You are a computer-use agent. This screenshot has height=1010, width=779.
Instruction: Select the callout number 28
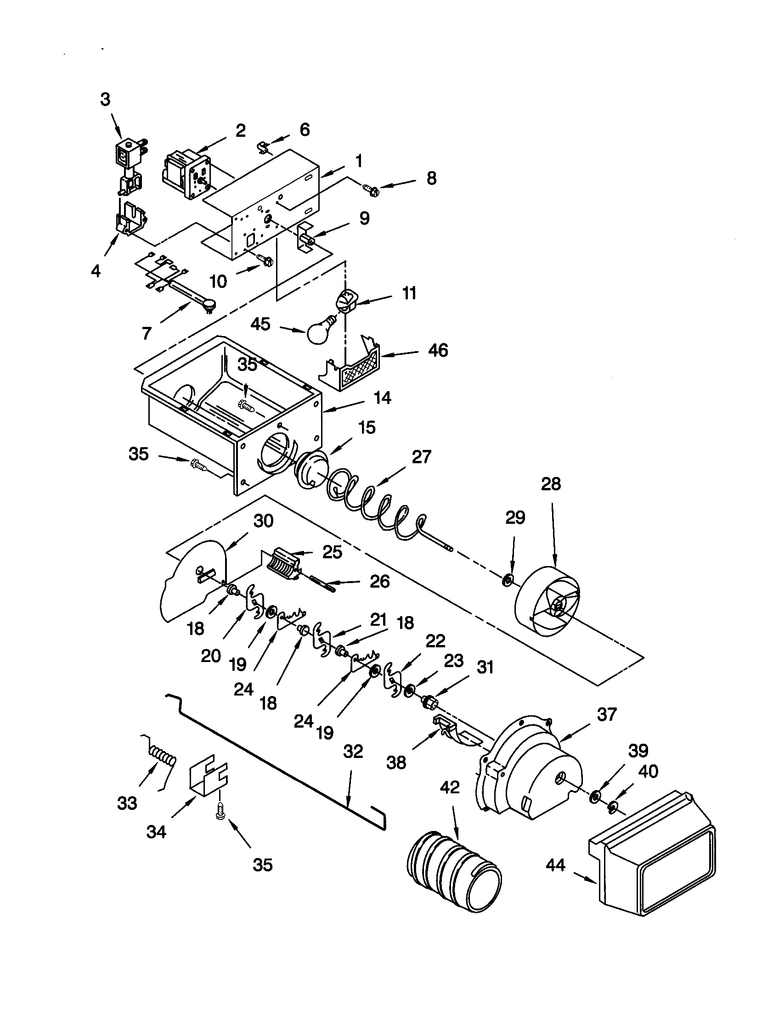point(550,484)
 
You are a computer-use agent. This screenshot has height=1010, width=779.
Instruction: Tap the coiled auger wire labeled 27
point(375,504)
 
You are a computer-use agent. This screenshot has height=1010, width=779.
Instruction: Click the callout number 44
point(555,864)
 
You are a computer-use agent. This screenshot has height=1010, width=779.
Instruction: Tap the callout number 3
point(106,100)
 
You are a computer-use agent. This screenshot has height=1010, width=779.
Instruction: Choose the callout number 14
point(382,398)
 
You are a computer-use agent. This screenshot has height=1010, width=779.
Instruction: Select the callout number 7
point(147,332)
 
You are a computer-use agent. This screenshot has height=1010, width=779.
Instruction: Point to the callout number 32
point(353,752)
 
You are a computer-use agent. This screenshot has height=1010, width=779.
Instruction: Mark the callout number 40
point(648,771)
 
